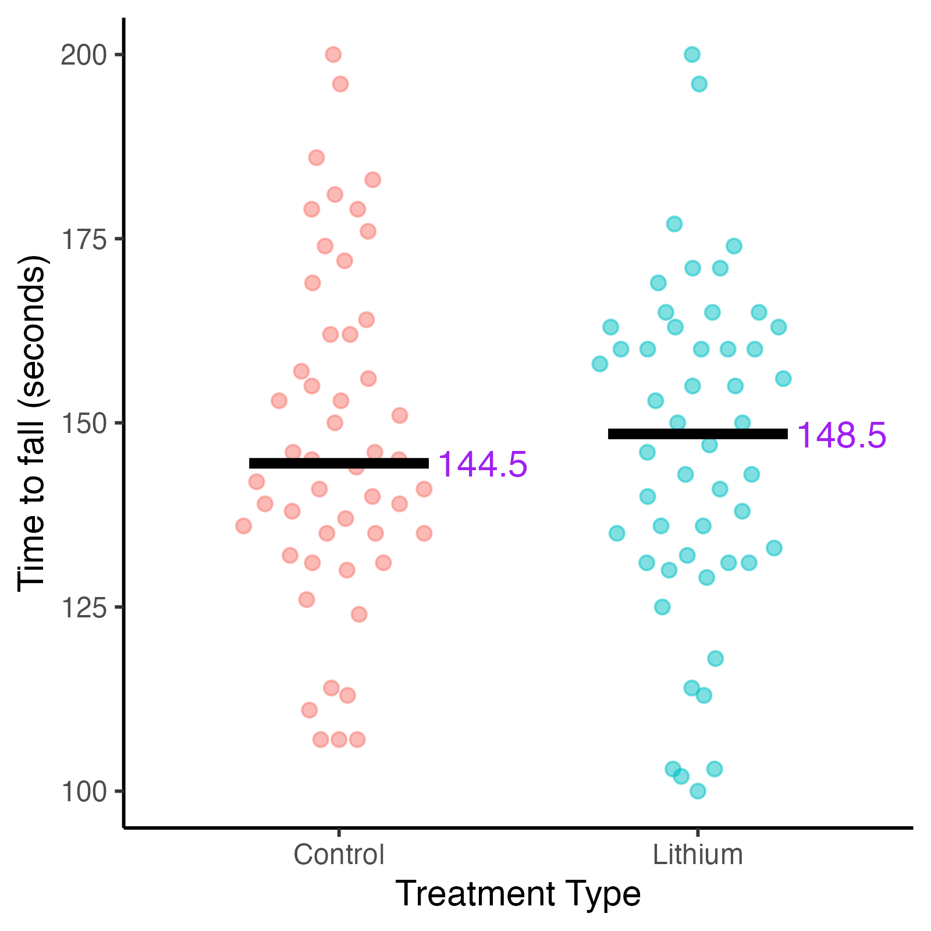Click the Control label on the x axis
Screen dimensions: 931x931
point(339,855)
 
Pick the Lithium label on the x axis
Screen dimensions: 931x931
point(698,855)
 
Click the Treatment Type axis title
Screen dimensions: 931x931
point(518,894)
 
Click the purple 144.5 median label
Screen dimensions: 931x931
point(482,465)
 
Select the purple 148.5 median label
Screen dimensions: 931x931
point(841,435)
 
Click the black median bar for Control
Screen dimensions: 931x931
point(339,463)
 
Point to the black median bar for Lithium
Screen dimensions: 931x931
point(698,433)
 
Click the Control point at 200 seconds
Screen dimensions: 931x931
point(333,55)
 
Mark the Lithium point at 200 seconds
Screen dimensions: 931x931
point(692,55)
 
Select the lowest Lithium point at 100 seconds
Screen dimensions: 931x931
point(698,791)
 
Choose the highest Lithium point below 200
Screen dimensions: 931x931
point(699,84)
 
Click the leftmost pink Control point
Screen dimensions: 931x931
point(244,526)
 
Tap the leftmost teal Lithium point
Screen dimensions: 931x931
point(600,364)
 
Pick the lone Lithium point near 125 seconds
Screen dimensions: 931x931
point(662,607)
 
